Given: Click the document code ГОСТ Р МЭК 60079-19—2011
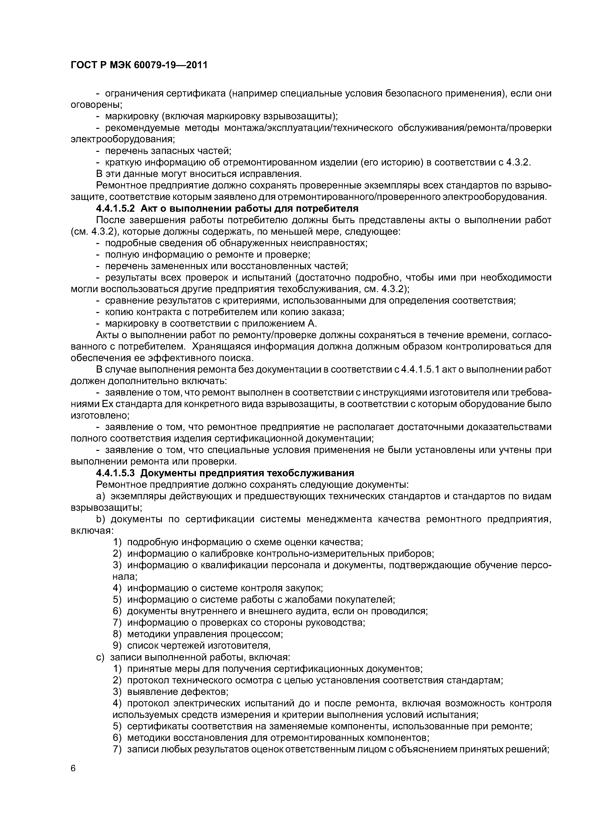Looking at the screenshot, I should coord(139,65).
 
